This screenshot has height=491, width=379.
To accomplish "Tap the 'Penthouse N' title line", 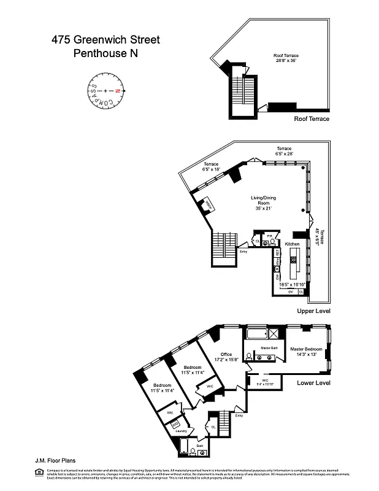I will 105,53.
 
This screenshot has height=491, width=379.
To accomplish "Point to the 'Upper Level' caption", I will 313,312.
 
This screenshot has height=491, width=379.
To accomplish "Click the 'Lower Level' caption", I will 313,383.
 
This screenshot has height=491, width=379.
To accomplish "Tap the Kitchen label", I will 292,244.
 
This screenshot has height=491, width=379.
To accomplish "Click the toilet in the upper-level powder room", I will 266,243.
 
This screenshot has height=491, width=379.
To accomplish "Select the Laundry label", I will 180,431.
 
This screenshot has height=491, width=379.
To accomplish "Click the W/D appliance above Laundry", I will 175,423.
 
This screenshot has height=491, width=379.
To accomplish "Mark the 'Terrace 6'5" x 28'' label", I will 283,150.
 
